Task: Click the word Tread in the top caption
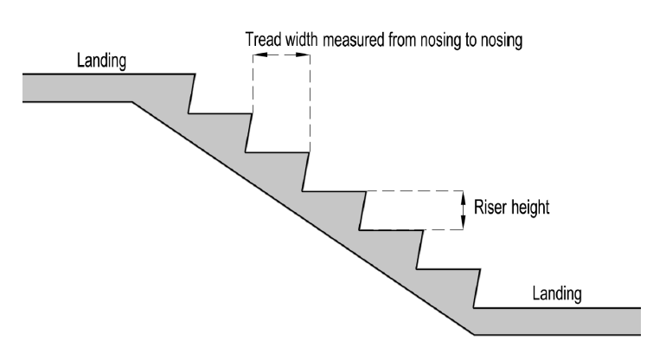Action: [x=262, y=40]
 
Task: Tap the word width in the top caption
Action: [x=303, y=40]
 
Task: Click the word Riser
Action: [x=490, y=208]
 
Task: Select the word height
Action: [x=530, y=209]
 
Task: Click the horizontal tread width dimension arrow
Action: [x=281, y=55]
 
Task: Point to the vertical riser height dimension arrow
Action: [x=464, y=209]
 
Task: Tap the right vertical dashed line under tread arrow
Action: [x=309, y=104]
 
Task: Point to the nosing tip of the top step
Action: [x=195, y=75]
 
